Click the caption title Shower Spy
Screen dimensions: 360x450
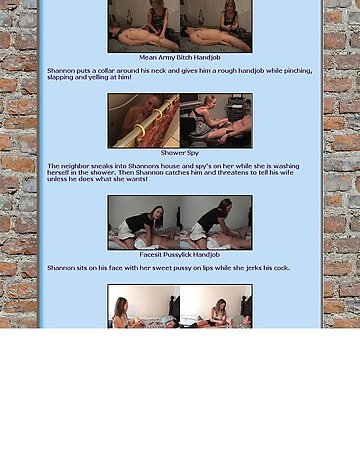point(180,153)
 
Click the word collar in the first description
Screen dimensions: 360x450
point(107,71)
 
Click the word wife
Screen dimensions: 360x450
point(287,173)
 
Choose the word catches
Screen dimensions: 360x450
point(191,173)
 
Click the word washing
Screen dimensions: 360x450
point(287,166)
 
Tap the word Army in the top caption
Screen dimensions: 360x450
point(166,58)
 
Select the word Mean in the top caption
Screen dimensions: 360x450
point(148,58)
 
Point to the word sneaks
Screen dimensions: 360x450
point(102,166)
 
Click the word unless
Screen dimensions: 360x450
point(56,179)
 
